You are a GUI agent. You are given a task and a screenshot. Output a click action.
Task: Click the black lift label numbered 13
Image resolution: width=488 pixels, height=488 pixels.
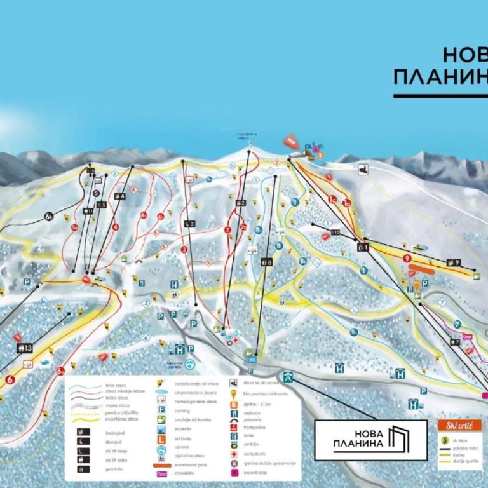point(25,348)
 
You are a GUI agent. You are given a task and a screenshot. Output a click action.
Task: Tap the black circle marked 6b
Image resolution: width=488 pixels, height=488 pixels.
point(50,217)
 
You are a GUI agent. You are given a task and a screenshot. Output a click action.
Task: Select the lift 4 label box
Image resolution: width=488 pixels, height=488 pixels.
point(119,196)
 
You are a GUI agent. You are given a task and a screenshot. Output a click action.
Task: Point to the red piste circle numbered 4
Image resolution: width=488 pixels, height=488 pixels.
point(116,227)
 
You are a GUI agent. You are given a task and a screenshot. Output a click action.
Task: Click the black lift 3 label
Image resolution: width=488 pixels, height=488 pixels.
point(189,224)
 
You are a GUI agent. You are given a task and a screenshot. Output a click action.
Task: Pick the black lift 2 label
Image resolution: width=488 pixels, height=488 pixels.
point(240,203)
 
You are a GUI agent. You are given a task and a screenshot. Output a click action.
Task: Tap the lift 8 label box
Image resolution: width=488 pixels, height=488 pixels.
point(267,261)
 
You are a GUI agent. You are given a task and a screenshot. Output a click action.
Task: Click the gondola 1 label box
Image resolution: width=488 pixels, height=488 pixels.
point(363,247)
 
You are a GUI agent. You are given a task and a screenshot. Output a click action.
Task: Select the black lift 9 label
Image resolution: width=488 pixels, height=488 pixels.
point(453,262)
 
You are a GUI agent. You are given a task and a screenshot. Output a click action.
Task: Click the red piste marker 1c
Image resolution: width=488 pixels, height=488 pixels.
point(332,199)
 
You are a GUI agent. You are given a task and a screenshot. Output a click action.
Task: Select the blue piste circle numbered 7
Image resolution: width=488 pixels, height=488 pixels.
point(457,325)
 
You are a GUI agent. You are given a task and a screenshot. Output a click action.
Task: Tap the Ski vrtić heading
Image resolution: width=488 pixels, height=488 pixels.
point(459,424)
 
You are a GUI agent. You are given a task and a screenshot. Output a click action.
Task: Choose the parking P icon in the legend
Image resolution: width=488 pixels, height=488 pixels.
point(161,410)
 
